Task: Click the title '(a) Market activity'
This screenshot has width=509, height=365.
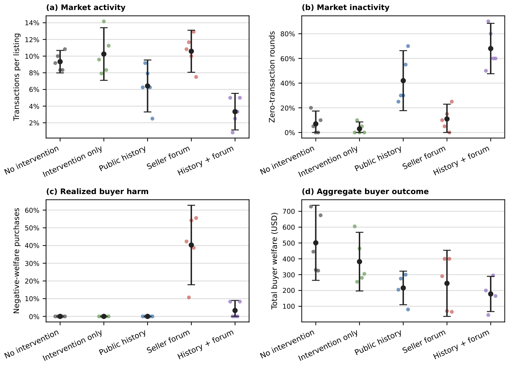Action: point(86,8)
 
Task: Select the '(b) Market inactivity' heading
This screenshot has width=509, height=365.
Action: point(345,8)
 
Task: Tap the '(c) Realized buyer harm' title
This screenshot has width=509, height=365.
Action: point(97,191)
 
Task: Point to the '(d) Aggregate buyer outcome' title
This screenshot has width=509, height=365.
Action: point(365,191)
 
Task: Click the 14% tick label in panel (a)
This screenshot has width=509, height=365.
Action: point(32,23)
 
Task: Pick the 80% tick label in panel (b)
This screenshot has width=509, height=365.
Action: point(288,34)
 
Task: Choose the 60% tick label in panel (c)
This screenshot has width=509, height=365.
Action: point(32,210)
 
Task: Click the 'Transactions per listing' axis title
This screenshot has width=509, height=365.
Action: point(17,77)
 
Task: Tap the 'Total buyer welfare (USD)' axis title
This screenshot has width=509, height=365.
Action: point(274,261)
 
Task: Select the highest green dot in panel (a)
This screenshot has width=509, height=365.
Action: point(104,22)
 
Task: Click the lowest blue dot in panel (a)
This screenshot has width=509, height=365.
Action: point(152,119)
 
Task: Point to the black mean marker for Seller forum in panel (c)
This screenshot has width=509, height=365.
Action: point(191,245)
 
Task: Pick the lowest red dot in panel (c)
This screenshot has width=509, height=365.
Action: point(189,297)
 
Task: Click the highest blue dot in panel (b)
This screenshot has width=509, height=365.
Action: point(408,46)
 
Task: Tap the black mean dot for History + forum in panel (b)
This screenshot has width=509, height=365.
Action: point(491,49)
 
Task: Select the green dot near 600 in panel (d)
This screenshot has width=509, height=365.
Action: point(355,227)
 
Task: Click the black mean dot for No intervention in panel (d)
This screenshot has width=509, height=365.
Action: point(316,243)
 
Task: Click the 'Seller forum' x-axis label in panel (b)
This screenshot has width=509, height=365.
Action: point(424,157)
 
